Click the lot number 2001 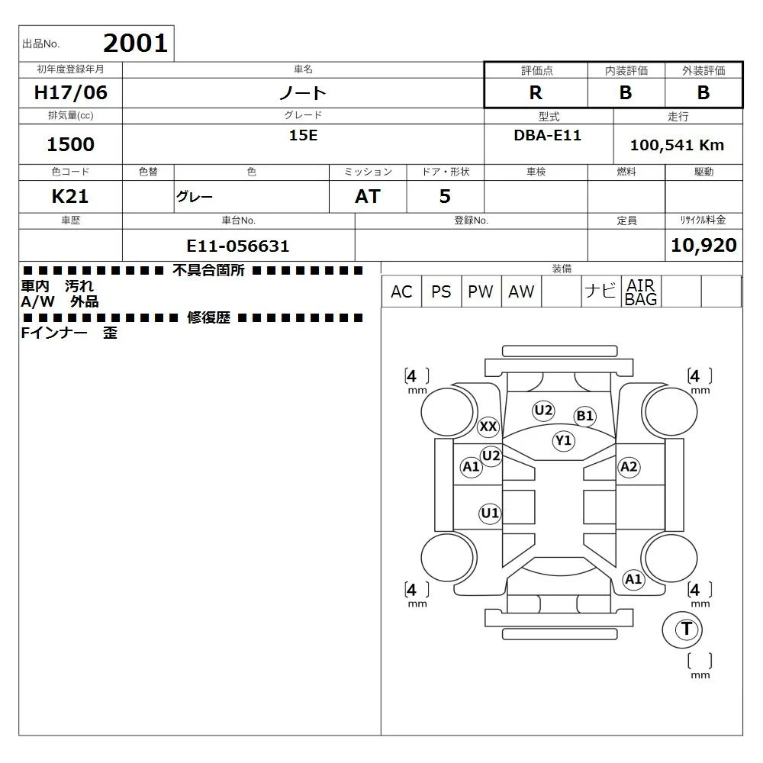point(135,43)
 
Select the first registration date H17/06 point(70,92)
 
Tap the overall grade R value point(536,92)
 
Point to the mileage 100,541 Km point(677,145)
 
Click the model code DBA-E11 point(547,135)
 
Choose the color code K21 point(70,197)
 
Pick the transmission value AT point(368,197)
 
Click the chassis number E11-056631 point(238,246)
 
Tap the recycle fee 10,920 point(703,245)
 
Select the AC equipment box point(401,291)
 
